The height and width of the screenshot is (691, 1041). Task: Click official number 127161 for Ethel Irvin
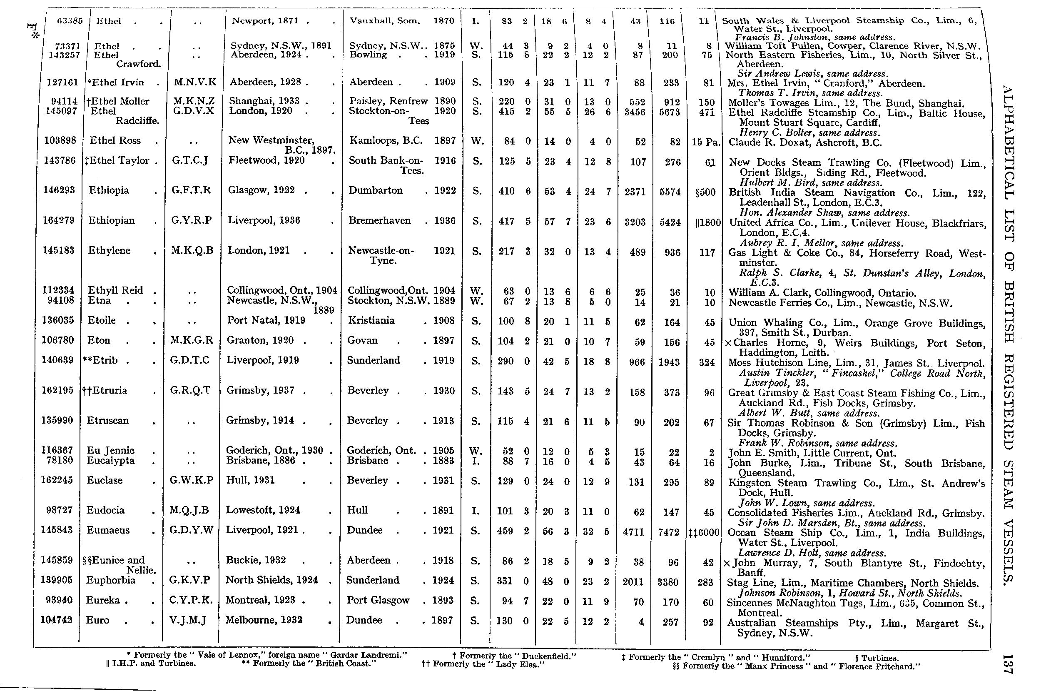coord(62,82)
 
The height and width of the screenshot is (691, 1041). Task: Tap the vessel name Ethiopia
coord(109,190)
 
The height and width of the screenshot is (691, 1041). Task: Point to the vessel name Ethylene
coord(109,251)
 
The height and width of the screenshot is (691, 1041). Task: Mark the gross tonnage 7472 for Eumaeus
coord(668,532)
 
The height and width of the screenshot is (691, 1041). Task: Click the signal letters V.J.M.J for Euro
coord(188,621)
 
